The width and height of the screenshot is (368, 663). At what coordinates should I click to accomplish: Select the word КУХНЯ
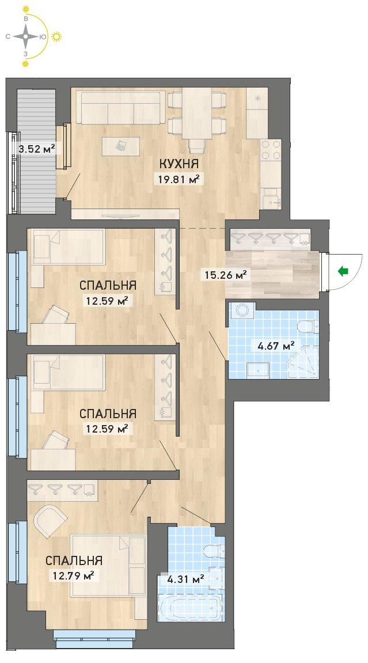(179, 163)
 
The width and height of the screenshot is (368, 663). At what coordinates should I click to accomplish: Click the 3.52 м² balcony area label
(37, 149)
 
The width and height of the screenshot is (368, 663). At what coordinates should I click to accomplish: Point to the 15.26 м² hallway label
(225, 276)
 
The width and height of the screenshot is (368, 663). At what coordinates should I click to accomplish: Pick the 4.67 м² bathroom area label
(276, 346)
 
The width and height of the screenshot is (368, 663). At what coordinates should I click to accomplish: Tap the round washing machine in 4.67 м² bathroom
(242, 310)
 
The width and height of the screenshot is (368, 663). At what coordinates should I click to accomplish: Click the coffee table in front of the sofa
(122, 146)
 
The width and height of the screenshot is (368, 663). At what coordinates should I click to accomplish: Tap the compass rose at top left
(26, 36)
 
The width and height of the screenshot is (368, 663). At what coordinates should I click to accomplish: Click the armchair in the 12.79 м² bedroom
(51, 519)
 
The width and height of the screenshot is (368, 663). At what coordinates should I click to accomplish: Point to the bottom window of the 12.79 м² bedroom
(94, 639)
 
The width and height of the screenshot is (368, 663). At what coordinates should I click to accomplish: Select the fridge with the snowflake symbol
(257, 113)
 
